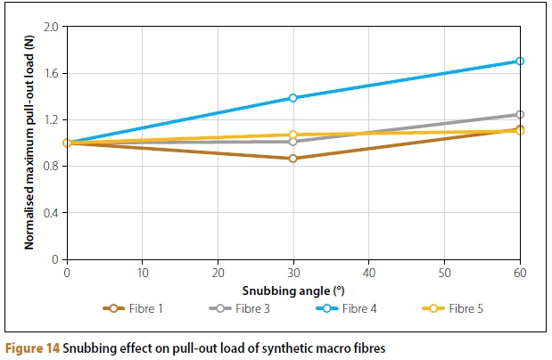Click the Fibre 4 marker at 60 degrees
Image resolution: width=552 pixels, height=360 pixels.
520,61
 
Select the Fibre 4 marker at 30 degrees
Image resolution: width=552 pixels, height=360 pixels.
293,98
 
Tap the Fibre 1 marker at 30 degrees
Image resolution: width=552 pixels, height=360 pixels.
293,159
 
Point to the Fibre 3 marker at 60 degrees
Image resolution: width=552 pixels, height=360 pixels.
520,114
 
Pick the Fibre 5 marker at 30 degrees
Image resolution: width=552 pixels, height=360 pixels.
293,135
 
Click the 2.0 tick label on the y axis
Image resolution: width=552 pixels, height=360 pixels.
51,27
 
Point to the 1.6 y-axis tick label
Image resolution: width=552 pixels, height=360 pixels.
51,73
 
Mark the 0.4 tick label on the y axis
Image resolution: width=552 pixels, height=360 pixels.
51,213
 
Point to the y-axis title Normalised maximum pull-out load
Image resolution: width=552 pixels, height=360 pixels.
29,143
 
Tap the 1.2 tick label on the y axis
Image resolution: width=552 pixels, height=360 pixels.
51,120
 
